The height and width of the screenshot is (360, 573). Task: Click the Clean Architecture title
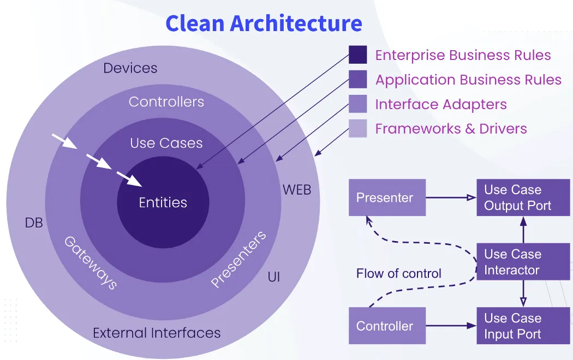pos(264,23)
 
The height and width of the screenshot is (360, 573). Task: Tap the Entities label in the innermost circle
pos(163,202)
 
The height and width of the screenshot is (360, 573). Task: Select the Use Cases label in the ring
pos(166,143)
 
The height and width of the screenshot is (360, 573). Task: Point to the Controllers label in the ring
pos(166,102)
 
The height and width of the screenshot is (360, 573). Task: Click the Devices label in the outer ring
pos(130,68)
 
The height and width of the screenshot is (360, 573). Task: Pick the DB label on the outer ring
pos(34,223)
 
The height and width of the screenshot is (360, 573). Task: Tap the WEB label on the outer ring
pos(297,190)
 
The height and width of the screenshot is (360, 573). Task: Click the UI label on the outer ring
pos(274,277)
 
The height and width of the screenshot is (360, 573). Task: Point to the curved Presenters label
pos(238,259)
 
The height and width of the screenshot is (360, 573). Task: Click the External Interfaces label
pos(157,333)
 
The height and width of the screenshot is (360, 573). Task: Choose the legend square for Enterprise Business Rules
pos(357,55)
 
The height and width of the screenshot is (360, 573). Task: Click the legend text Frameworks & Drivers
pos(451,129)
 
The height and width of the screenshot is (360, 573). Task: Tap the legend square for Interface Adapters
pos(357,104)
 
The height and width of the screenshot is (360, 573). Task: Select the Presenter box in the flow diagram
pos(387,197)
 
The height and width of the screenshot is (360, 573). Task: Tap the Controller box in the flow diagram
pos(387,326)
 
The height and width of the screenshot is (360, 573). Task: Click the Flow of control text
pos(398,273)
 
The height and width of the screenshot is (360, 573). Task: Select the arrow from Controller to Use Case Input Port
pos(451,326)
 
